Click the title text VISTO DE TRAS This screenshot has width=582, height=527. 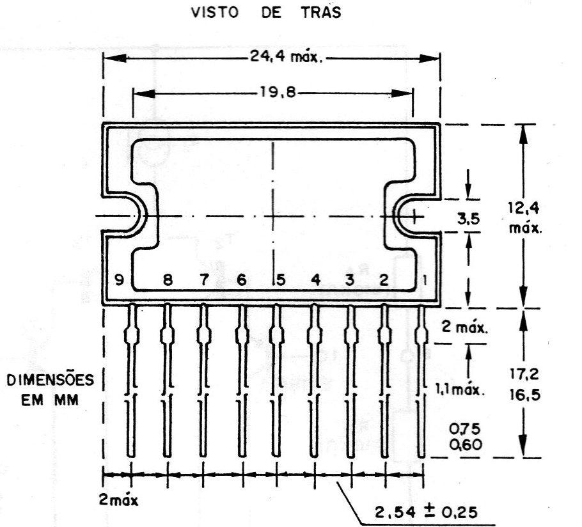coord(266,12)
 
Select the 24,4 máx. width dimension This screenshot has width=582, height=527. coord(286,57)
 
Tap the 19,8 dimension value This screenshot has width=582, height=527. coord(278,91)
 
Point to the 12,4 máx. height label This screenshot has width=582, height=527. coord(524,217)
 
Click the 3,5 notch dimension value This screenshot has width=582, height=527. coord(468,219)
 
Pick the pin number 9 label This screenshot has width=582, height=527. coord(119,279)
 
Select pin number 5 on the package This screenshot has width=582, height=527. coord(281,279)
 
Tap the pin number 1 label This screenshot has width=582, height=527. coord(425,279)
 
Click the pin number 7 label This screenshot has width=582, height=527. coord(204,279)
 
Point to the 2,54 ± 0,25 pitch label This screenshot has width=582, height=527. coord(426,512)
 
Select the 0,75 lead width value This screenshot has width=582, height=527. coord(465,429)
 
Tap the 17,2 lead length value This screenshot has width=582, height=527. coord(524,374)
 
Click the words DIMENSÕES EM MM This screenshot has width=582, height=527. coord(50,389)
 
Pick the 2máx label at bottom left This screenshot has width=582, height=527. coord(118,499)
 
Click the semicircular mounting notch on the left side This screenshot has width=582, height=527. coord(134,216)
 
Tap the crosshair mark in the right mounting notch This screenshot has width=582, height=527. coord(414,217)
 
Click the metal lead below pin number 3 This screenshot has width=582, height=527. coord(350,381)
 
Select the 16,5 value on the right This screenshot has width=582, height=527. coord(524,394)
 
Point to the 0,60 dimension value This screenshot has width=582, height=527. coord(465,444)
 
